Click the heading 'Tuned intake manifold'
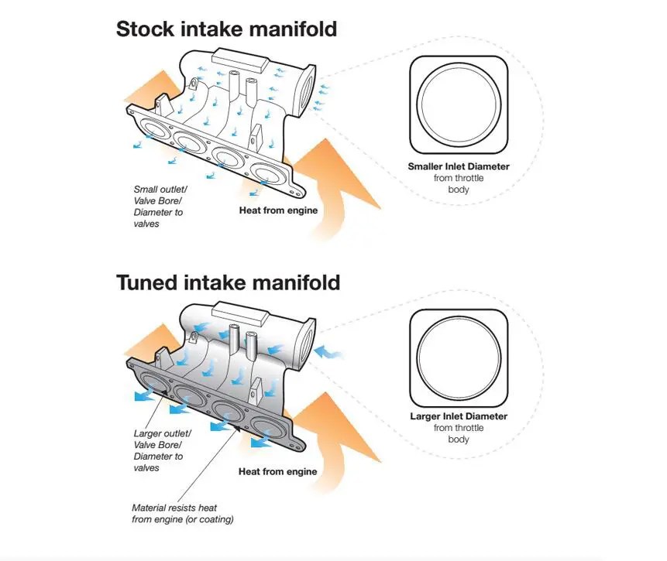228,282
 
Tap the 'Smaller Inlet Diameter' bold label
459,166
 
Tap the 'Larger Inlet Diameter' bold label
459,416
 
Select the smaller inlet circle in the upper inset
459,104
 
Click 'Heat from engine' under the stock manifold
277,210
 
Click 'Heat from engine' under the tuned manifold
277,471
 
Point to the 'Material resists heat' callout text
180,514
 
